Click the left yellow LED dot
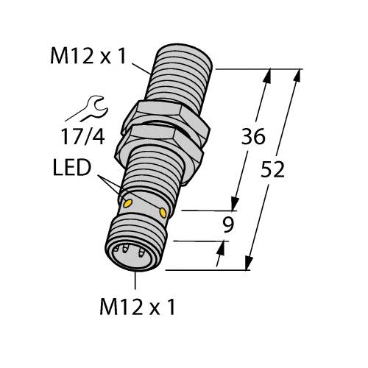(x=127, y=199)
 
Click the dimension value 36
(x=252, y=138)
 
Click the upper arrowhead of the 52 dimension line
(x=299, y=74)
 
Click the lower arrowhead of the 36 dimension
(x=236, y=205)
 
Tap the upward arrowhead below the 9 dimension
(x=220, y=252)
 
